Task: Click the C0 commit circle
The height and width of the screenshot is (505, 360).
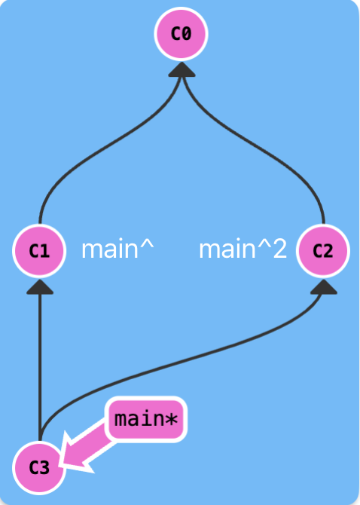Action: pos(181,34)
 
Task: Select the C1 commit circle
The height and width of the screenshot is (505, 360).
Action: pos(39,250)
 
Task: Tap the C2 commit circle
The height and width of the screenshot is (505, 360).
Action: pos(323,250)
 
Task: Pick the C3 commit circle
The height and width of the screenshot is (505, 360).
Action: pos(39,467)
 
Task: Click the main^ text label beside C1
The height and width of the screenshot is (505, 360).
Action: pos(117,249)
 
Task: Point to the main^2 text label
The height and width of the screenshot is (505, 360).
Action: pos(243,249)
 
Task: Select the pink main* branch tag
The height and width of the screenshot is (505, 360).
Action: pos(146,419)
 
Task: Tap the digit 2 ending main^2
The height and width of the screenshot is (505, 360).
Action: pos(279,249)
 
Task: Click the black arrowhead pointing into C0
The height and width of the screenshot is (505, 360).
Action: pos(182,69)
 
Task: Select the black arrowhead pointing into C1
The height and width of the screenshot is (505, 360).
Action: pos(40,286)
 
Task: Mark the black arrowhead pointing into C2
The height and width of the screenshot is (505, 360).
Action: pos(324,286)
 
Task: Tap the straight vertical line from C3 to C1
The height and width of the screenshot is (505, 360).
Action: pos(40,367)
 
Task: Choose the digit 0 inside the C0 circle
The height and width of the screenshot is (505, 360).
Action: pos(187,34)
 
